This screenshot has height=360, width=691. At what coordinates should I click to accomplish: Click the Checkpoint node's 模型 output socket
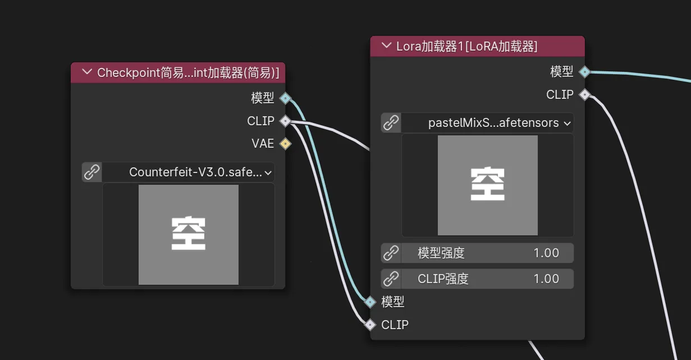(285, 98)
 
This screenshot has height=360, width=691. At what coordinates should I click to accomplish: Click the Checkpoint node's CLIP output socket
(285, 121)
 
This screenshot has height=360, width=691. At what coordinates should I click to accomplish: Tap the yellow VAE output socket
(285, 144)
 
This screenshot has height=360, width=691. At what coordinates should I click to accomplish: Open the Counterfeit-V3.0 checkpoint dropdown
(189, 172)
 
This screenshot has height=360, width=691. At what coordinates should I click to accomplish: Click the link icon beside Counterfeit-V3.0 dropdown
(91, 172)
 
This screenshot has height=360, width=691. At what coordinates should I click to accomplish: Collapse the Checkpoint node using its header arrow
(86, 72)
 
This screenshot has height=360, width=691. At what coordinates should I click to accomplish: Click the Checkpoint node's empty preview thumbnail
(189, 234)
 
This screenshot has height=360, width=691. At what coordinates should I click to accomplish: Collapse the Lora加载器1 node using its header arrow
(386, 46)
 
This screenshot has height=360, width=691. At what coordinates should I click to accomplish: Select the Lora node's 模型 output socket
(584, 72)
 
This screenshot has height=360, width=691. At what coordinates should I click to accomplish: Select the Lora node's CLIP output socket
(584, 95)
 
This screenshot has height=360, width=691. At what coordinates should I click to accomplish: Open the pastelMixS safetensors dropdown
(487, 122)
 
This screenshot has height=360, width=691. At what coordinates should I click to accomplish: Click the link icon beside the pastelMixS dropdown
(391, 122)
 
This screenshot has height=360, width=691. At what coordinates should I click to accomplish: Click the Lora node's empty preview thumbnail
(487, 185)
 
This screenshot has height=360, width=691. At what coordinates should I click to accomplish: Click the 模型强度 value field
(487, 253)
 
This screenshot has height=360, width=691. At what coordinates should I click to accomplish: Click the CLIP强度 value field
(487, 279)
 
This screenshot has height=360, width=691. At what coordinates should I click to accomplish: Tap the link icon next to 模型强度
(391, 253)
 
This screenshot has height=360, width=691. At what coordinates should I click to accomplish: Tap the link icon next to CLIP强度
(391, 279)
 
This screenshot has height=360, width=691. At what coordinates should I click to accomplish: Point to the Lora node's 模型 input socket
(370, 302)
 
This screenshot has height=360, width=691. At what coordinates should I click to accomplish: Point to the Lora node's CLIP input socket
(370, 325)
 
